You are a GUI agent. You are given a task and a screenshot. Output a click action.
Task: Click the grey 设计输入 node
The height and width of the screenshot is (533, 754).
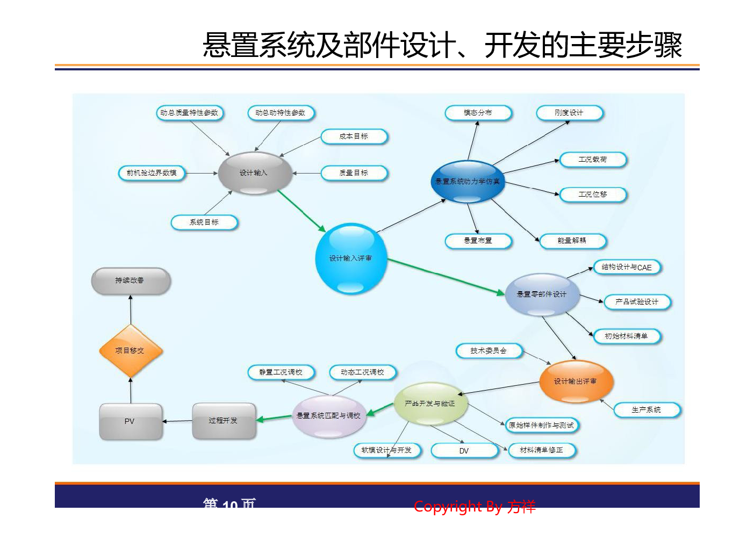(254, 173)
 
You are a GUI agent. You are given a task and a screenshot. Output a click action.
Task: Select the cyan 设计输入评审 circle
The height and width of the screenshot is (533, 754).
(351, 258)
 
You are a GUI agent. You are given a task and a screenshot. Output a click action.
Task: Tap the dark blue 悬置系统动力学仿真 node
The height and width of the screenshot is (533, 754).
(467, 182)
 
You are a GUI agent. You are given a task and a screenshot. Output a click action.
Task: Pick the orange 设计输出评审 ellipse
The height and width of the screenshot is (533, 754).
(576, 381)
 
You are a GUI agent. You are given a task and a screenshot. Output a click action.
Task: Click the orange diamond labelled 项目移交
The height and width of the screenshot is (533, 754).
(130, 350)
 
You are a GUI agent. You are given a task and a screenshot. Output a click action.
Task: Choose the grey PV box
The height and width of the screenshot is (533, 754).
(131, 422)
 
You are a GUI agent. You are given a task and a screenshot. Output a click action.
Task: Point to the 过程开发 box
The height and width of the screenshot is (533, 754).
(224, 421)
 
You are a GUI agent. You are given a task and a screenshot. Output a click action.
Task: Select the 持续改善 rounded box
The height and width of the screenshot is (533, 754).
(131, 280)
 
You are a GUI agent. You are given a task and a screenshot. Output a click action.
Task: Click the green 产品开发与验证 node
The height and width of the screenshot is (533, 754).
(430, 404)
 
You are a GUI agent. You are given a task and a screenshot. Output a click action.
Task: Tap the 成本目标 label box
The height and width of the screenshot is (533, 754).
(354, 136)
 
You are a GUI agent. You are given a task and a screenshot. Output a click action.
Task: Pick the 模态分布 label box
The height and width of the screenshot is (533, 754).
(478, 113)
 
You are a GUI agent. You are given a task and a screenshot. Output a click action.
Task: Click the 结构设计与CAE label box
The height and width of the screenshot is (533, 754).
(627, 267)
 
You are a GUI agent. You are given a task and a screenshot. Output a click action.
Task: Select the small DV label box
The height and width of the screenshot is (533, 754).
(464, 451)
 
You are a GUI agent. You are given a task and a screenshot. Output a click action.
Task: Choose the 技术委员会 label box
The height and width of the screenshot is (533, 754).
(489, 351)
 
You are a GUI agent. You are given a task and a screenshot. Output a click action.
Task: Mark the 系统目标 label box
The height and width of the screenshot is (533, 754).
(204, 222)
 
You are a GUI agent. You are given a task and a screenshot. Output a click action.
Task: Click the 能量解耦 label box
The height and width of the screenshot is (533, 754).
(572, 241)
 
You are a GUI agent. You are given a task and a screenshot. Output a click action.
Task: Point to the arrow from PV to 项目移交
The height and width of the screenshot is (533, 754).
(131, 391)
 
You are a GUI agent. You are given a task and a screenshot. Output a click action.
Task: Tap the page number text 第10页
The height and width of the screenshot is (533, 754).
(229, 506)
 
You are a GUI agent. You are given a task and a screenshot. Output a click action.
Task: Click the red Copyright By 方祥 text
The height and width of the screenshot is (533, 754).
(475, 506)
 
